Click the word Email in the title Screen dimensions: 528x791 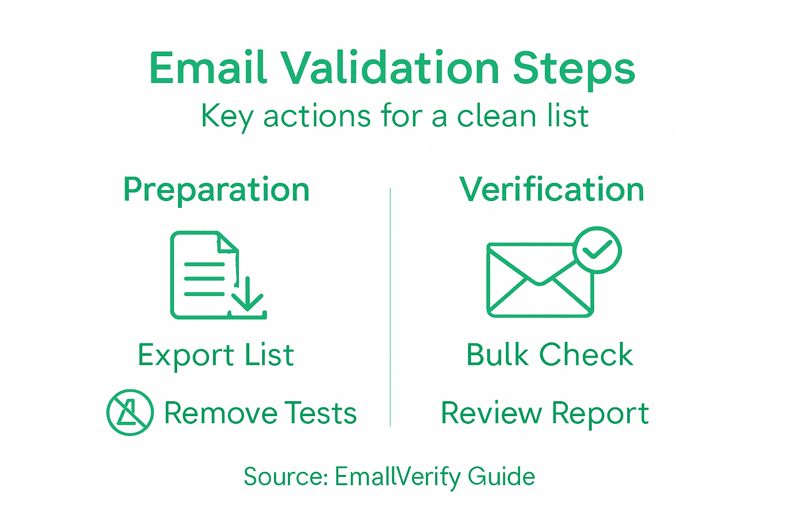(x=208, y=68)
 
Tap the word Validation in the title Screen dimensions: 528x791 (x=390, y=68)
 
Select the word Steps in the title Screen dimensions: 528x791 (x=574, y=69)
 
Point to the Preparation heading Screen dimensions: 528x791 (x=216, y=190)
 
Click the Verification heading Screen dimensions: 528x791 (x=552, y=189)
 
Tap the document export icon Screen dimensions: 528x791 (x=206, y=274)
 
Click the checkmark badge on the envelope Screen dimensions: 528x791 (x=597, y=250)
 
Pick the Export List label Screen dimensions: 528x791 (x=216, y=355)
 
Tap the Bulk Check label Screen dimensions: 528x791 (x=549, y=355)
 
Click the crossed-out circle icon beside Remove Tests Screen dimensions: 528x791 (x=130, y=412)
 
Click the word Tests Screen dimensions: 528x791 (x=320, y=413)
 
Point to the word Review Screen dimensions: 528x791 (x=491, y=413)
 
